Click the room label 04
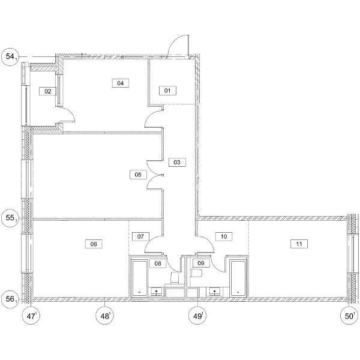click(x=121, y=83)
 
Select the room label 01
click(x=167, y=91)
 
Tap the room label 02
click(x=48, y=91)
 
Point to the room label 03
click(x=177, y=163)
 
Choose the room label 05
click(x=138, y=175)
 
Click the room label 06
click(x=94, y=244)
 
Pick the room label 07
click(x=140, y=236)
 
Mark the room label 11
click(x=299, y=244)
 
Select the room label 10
click(x=224, y=236)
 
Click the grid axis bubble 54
click(x=10, y=57)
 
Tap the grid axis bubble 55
click(x=10, y=218)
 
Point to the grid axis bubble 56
click(x=10, y=299)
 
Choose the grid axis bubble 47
click(x=31, y=316)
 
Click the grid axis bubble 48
click(x=104, y=316)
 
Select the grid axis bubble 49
click(x=197, y=316)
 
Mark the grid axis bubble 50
click(x=349, y=316)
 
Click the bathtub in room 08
click(x=140, y=278)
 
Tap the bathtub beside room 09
click(x=238, y=278)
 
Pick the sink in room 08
click(x=157, y=292)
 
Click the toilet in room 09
click(x=196, y=273)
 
